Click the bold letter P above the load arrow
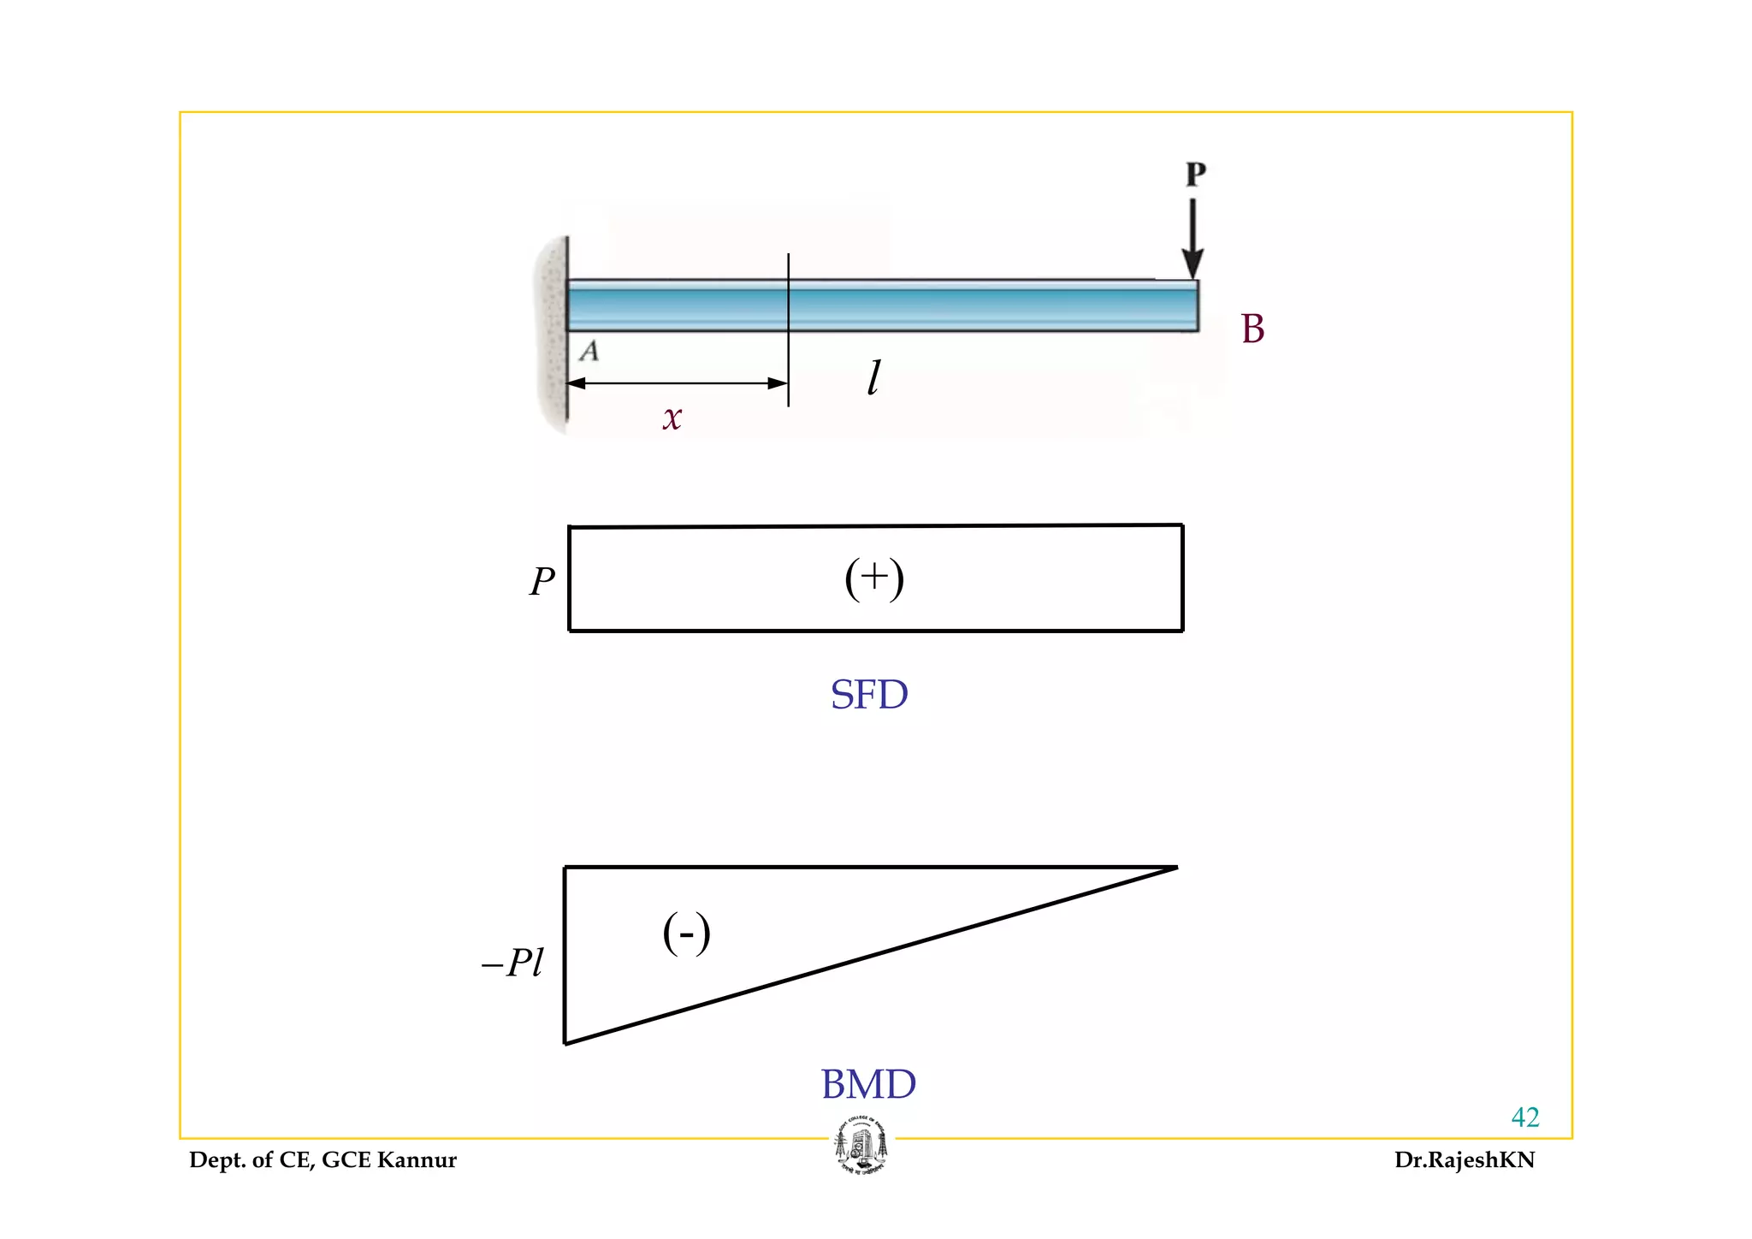click(1195, 174)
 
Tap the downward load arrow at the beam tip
click(1193, 239)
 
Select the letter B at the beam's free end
click(1252, 329)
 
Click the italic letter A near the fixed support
click(589, 351)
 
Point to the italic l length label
click(873, 377)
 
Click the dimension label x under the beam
click(672, 418)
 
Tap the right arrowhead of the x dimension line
click(778, 383)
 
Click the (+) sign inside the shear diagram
click(873, 579)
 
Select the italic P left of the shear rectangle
click(542, 583)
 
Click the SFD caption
click(869, 695)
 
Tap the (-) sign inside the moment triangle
click(686, 934)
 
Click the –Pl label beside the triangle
click(513, 963)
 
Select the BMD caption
click(868, 1085)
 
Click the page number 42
click(1524, 1117)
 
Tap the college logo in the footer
click(861, 1145)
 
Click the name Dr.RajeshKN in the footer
click(1464, 1160)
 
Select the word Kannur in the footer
click(417, 1160)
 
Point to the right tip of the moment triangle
click(1175, 868)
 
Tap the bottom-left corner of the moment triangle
click(565, 1042)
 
